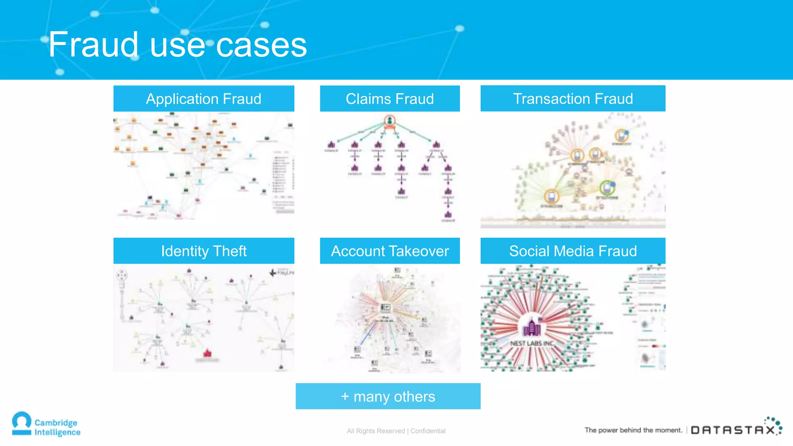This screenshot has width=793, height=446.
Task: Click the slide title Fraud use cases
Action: [177, 45]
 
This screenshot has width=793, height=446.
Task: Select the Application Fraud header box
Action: [204, 99]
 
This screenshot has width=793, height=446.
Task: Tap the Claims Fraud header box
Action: [390, 99]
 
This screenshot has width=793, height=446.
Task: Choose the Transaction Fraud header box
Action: [573, 99]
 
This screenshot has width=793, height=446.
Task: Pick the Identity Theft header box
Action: [204, 251]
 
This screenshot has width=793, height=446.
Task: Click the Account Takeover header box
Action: [390, 251]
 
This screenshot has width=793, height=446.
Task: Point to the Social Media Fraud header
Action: [573, 251]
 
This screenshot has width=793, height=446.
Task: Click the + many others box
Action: [388, 396]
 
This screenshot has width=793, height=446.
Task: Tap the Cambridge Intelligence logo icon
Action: [22, 424]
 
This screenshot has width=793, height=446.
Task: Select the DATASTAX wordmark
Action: [733, 430]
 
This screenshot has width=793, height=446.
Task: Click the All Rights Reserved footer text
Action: [376, 431]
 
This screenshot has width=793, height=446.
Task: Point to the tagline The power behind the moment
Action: [633, 430]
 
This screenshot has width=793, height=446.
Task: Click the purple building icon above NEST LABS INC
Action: [532, 328]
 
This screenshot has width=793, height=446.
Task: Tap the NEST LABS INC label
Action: [532, 343]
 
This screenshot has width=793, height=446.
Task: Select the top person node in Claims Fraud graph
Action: [390, 121]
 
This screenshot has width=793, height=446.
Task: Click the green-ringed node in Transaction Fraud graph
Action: [607, 188]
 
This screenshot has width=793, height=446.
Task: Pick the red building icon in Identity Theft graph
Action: [208, 353]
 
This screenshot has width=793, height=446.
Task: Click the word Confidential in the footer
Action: [428, 431]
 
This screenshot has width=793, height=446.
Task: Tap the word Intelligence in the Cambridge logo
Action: [57, 432]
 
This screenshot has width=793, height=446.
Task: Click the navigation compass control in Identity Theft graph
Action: [122, 275]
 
